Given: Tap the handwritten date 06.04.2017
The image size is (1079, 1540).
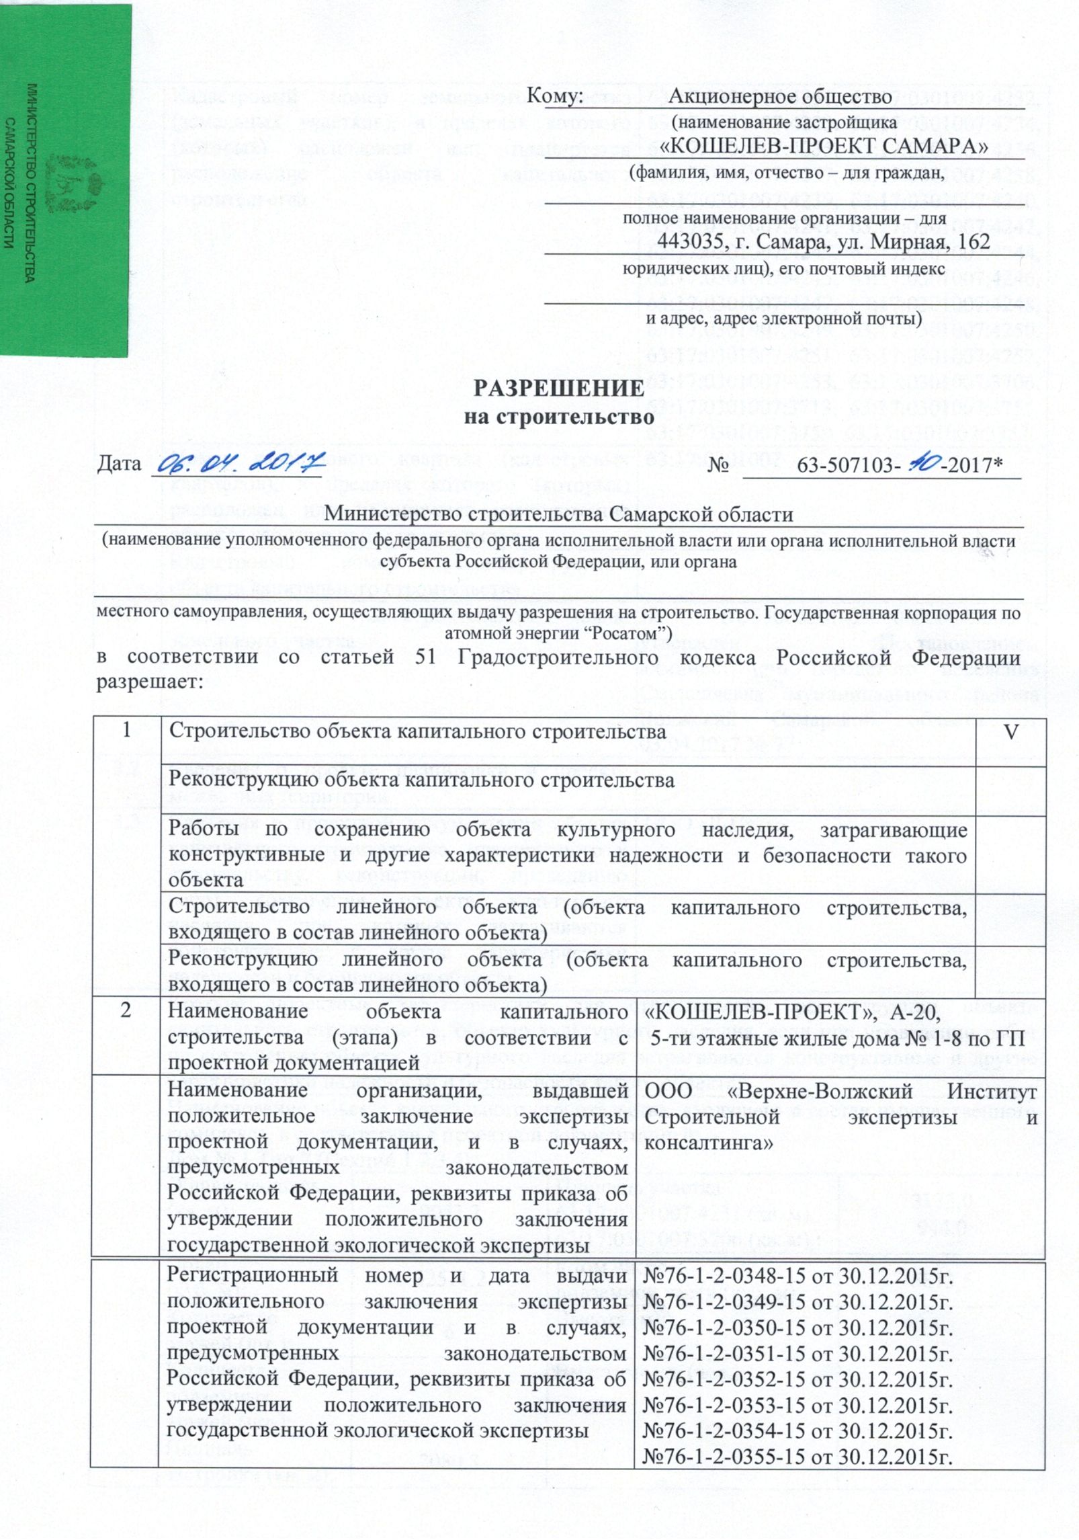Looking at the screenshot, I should click(x=237, y=464).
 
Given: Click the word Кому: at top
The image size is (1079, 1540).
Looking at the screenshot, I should click(x=554, y=97).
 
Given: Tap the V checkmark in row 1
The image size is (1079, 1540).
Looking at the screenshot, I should click(x=1008, y=731).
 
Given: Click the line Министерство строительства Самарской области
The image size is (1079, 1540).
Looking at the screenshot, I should click(x=559, y=514).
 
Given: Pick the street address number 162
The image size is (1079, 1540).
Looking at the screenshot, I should click(x=970, y=241).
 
